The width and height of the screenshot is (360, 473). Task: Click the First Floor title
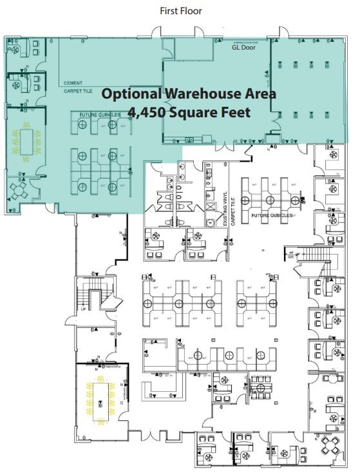[x=180, y=11]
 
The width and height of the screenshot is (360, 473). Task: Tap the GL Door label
[x=244, y=47]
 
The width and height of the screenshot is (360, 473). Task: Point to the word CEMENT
[x=73, y=83]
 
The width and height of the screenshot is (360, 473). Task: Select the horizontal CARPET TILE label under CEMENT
[x=79, y=92]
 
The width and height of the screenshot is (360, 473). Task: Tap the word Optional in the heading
[x=131, y=93]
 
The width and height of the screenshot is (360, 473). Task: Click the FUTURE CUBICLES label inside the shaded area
[x=96, y=115]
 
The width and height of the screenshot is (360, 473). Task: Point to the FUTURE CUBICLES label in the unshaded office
[x=272, y=215]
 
